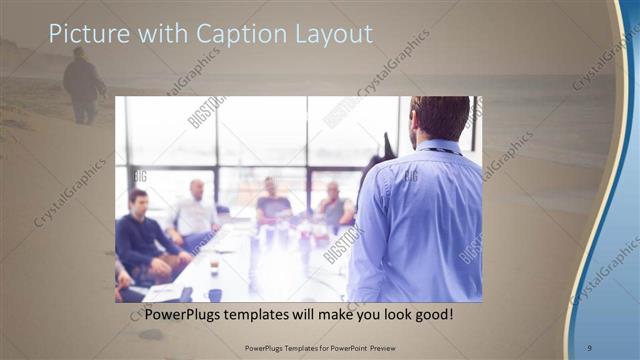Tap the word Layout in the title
[322, 34]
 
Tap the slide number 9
[590, 347]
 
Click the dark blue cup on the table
[215, 294]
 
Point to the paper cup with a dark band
[214, 264]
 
